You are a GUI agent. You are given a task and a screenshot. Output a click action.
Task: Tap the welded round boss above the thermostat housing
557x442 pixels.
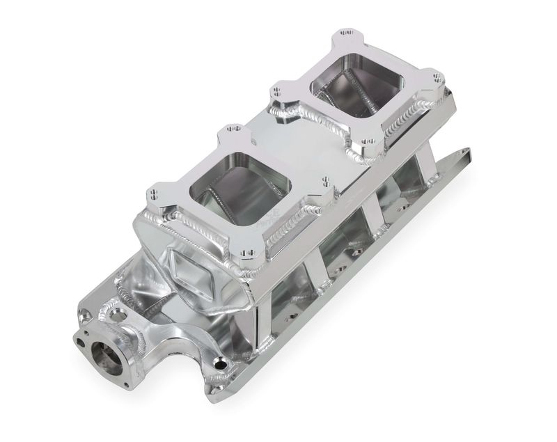(111, 314)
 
